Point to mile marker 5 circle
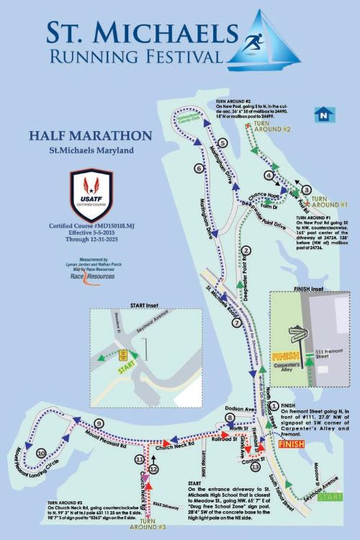point(223,143)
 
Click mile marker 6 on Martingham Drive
point(199,168)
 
